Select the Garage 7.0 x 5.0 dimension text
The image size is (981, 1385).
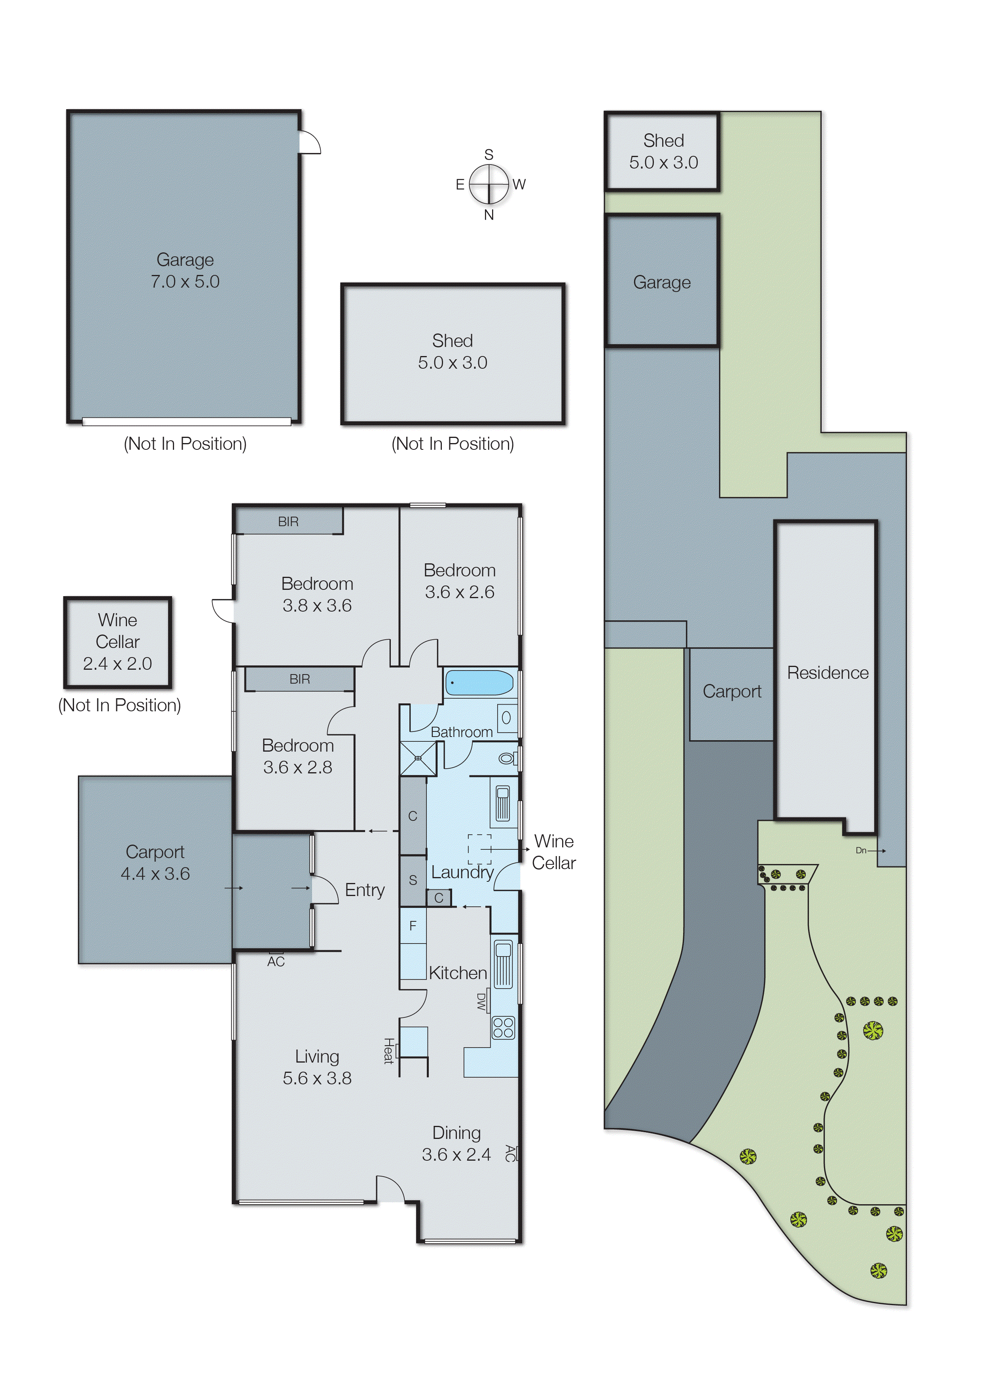[185, 281]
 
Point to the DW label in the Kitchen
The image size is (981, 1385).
[481, 1002]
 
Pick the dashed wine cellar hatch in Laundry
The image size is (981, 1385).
[480, 849]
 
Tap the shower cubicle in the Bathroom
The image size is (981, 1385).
[417, 758]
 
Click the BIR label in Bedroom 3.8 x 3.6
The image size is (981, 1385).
[288, 522]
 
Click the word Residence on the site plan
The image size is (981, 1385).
[827, 673]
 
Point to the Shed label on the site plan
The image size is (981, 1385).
[663, 141]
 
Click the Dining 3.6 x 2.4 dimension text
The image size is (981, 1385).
[456, 1154]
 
